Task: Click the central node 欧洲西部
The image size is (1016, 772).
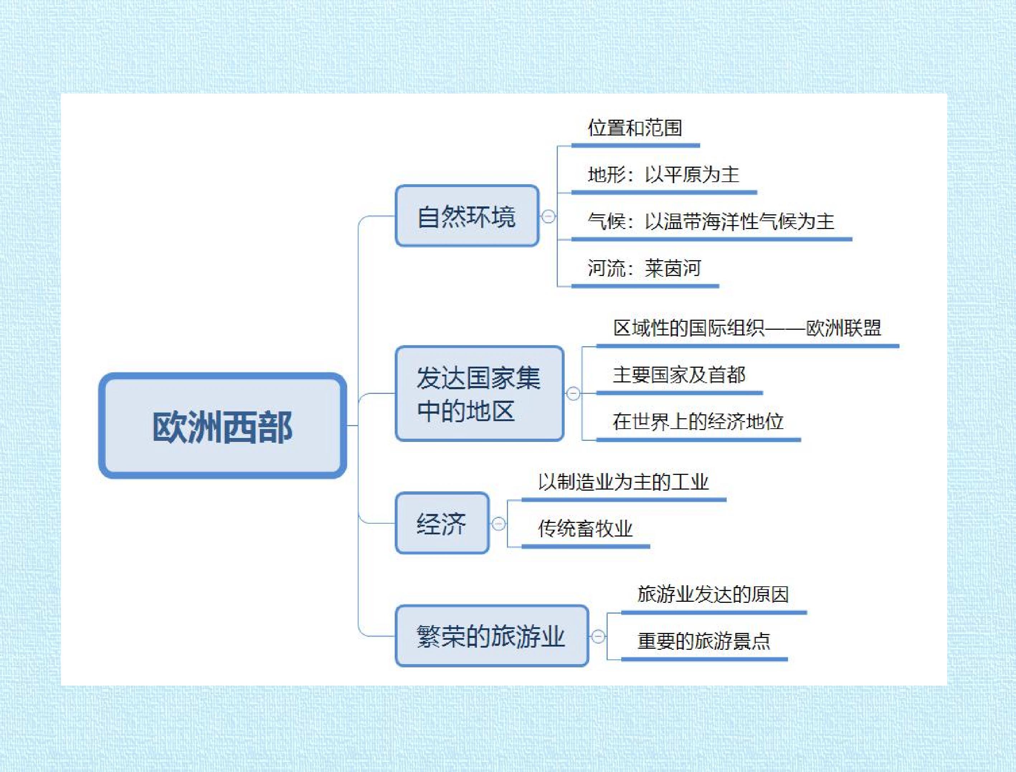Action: point(223,425)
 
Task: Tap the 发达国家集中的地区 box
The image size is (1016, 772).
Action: point(479,394)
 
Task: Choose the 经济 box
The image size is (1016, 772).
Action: point(442,523)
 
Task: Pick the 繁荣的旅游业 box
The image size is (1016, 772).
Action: point(492,636)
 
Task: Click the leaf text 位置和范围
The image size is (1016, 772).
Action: point(635,128)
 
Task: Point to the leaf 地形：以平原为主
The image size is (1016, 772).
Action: point(663,175)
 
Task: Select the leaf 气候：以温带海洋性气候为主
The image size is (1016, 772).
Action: point(711,221)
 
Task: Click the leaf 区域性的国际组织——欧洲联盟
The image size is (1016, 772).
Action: point(747,328)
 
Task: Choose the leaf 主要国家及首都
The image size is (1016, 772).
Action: point(679,375)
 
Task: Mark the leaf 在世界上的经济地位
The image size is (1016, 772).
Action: point(698,422)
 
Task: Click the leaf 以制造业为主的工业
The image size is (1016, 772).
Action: point(623,482)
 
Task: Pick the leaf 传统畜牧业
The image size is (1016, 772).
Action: point(585,529)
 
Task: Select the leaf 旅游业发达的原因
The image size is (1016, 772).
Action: point(713,595)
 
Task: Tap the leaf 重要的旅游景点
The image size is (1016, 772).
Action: point(703,642)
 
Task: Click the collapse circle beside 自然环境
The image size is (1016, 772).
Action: point(548,216)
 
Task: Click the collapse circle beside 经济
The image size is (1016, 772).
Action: point(499,523)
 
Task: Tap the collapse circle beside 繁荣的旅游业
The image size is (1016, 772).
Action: point(598,637)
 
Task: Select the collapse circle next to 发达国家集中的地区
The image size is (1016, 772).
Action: point(573,394)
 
